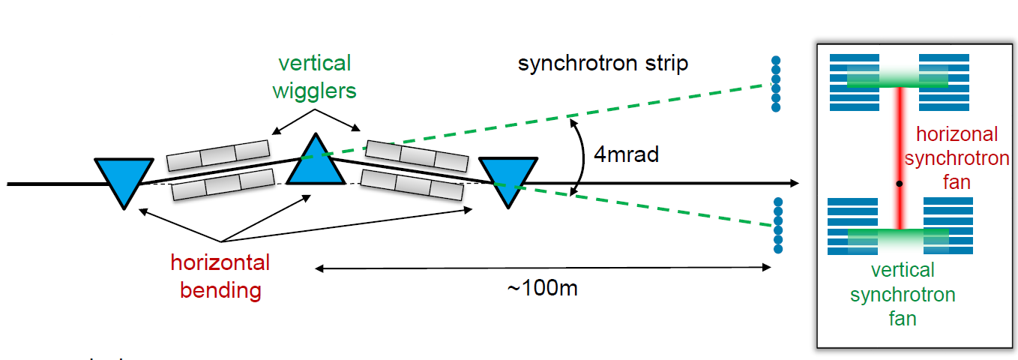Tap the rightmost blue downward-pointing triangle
[508, 178]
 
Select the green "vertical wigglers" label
[314, 76]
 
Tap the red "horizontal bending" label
[220, 276]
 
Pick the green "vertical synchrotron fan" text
[903, 294]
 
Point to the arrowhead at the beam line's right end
[793, 183]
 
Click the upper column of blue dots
[776, 84]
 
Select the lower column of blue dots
[777, 225]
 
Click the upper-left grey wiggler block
[217, 151]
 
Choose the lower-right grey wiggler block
[412, 186]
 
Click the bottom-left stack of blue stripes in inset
[852, 226]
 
